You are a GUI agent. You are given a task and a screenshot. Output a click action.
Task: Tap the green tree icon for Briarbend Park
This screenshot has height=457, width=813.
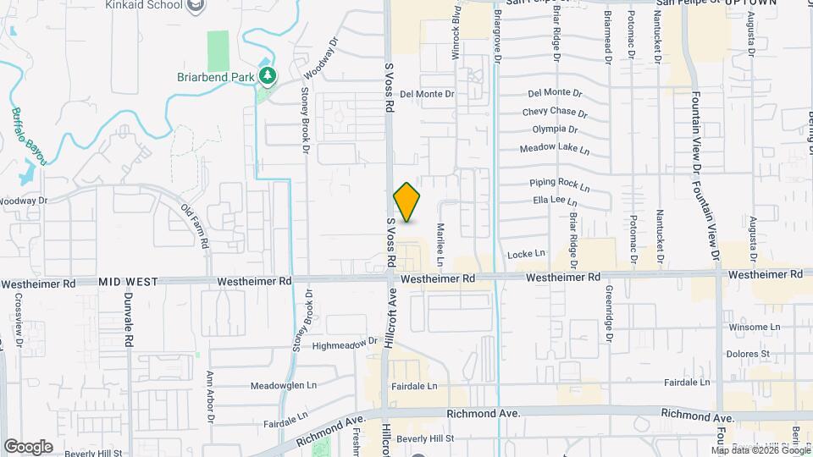(x=268, y=76)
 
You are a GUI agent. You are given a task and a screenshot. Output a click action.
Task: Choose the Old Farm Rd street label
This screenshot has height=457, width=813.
(x=195, y=226)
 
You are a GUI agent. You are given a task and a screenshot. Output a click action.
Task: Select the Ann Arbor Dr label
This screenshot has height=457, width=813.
(x=211, y=396)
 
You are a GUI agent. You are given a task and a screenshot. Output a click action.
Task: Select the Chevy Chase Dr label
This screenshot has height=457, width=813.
(x=555, y=112)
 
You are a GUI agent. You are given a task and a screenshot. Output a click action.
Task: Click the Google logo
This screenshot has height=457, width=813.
(x=28, y=446)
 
